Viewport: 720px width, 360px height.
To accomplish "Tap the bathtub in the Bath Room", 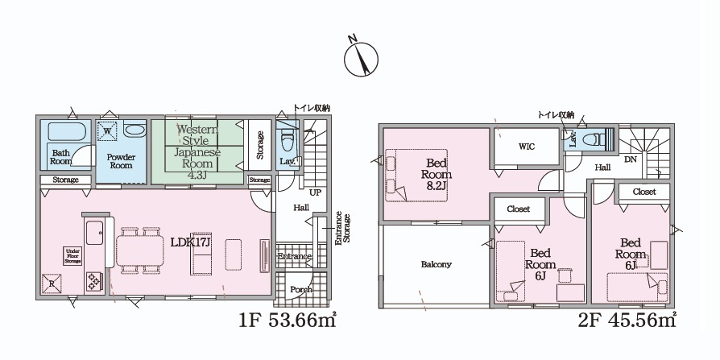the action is coord(67,131).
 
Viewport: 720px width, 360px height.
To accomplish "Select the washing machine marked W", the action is coord(107,131).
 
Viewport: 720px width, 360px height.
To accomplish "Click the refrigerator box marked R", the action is coord(52,283).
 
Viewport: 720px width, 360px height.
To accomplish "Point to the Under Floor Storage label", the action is coord(72,255).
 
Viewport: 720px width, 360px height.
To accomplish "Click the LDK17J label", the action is coord(190,242).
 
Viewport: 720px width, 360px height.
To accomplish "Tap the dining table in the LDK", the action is coord(140,250).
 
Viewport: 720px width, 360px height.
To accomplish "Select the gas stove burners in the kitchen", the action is coord(94,281).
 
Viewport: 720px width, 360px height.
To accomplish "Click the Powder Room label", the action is coord(122,161).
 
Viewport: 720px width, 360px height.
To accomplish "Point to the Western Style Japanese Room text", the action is coord(197,146).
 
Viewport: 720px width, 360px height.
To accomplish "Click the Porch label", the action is coord(301,290).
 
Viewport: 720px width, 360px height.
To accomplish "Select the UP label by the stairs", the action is coord(315,192).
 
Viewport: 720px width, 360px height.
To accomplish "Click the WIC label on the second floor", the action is coord(527,147).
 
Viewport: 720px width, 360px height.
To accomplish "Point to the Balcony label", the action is coord(437,264).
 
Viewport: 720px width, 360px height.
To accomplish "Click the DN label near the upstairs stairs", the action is coord(630,159).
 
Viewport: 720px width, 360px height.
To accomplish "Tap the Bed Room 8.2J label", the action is coord(437,174).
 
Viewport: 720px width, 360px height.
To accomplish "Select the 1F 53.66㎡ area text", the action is coord(288,320).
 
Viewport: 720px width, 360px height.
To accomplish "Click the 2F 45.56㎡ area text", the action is coord(627,320).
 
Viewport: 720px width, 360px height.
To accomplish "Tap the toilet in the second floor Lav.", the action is coord(594,139).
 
